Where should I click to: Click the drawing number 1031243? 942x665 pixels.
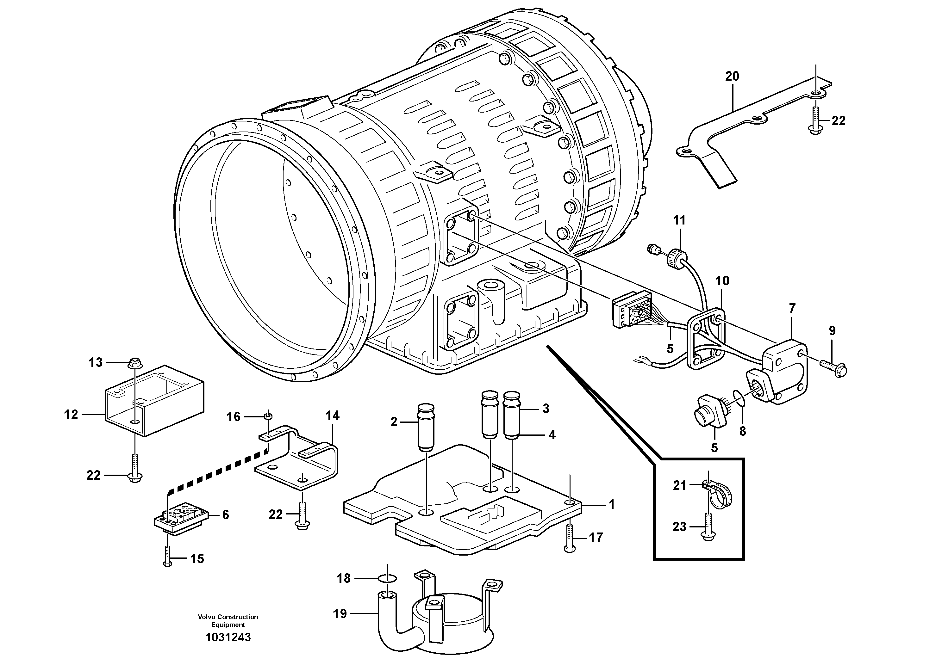(228, 637)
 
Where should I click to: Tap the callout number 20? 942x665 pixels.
(732, 76)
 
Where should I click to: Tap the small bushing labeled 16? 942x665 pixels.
(267, 417)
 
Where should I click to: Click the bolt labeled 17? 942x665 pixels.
(569, 538)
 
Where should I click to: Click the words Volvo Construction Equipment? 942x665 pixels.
(228, 621)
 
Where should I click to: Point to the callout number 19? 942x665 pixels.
(340, 614)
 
